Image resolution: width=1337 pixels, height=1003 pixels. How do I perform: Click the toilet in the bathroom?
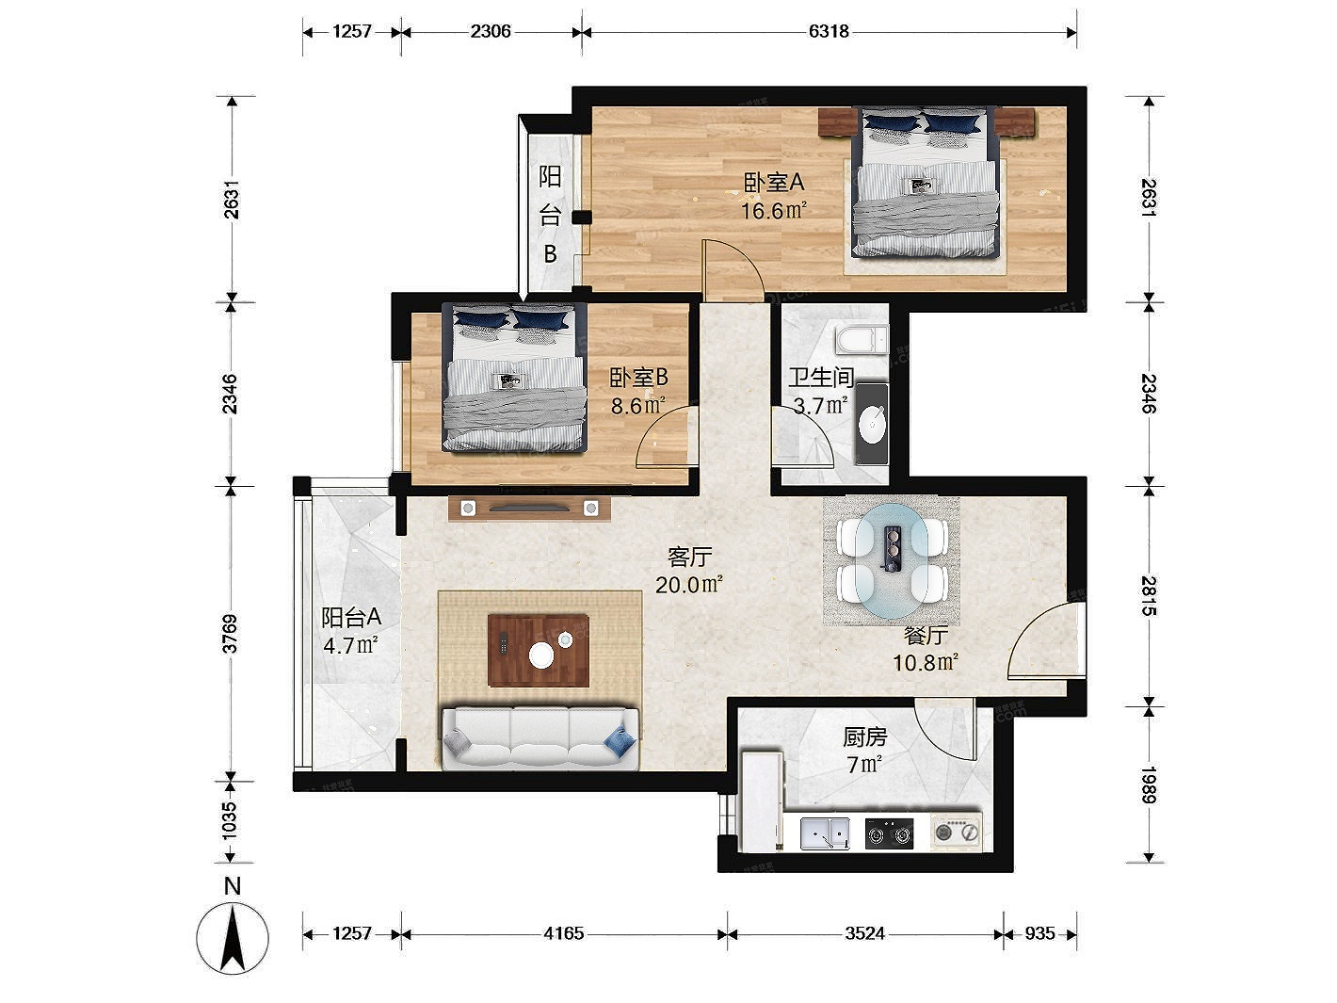[862, 339]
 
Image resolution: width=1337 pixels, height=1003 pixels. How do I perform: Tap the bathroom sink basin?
[872, 424]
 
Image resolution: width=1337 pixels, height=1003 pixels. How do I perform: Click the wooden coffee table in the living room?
[538, 651]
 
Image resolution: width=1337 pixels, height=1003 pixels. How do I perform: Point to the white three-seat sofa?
[540, 738]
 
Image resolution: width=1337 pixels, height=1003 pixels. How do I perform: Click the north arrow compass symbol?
[232, 937]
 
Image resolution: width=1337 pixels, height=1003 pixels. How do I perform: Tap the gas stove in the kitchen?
[890, 833]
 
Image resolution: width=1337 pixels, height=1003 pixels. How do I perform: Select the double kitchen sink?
[825, 833]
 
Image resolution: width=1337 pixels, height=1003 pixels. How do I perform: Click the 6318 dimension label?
[829, 31]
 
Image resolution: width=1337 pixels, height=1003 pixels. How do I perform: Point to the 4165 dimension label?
[563, 933]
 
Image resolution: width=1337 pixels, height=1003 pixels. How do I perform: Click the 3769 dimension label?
[230, 634]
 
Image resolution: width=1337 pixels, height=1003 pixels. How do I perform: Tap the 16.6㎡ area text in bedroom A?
[774, 211]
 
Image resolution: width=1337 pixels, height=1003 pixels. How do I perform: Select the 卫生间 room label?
[821, 378]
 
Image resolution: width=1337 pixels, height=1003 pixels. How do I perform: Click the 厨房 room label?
[865, 737]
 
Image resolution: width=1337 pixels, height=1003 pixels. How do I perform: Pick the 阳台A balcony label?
[351, 618]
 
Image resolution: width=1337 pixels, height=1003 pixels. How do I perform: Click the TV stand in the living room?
[529, 509]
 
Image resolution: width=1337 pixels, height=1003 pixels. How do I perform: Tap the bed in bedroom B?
[515, 378]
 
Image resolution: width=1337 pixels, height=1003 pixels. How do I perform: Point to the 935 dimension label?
[1039, 933]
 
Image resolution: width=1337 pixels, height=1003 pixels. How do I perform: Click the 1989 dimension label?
[1148, 785]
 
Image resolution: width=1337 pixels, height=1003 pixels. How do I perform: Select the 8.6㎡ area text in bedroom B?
[637, 406]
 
